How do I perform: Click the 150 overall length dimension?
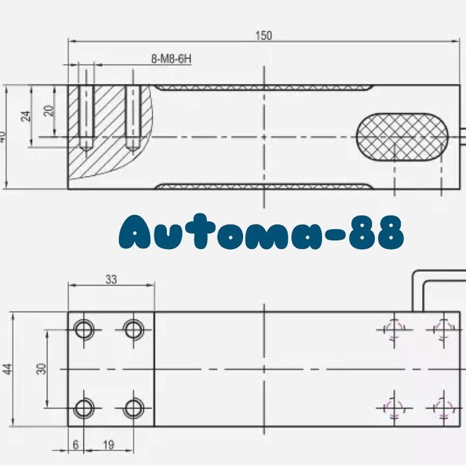pyautogui.click(x=264, y=36)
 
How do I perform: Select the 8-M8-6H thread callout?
pyautogui.click(x=171, y=59)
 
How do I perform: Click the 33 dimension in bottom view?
pyautogui.click(x=111, y=280)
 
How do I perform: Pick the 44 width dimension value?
pyautogui.click(x=7, y=369)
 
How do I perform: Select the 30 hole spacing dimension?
pyautogui.click(x=41, y=369)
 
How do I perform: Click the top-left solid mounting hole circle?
pyautogui.click(x=85, y=329)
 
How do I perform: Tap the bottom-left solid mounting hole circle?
pyautogui.click(x=85, y=407)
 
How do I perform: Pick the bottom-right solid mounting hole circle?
pyautogui.click(x=134, y=407)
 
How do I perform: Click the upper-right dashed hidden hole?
pyautogui.click(x=443, y=329)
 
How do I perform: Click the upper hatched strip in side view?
pyautogui.click(x=264, y=88)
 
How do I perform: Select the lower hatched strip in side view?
pyautogui.click(x=264, y=186)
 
